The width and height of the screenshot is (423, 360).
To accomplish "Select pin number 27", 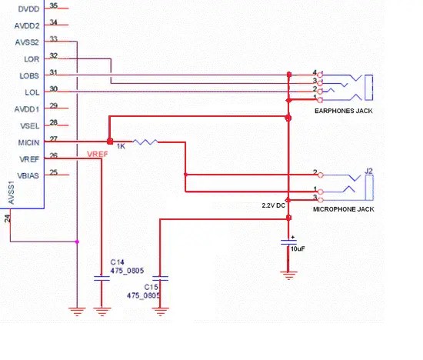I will pyautogui.click(x=53, y=138).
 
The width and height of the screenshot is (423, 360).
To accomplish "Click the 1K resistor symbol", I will pyautogui.click(x=145, y=142).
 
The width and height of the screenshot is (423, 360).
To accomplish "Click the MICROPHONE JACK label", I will pyautogui.click(x=343, y=208).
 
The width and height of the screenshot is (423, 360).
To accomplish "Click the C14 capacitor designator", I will pyautogui.click(x=118, y=262).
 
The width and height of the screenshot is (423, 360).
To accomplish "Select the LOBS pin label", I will pyautogui.click(x=28, y=76).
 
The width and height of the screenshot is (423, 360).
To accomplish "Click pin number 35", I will pyautogui.click(x=53, y=5).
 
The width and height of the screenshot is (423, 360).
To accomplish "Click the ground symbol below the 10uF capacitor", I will pyautogui.click(x=288, y=273).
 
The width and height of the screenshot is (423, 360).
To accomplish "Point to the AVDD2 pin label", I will pyautogui.click(x=28, y=25).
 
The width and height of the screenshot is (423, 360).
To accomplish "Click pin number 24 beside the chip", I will pyautogui.click(x=8, y=218).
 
